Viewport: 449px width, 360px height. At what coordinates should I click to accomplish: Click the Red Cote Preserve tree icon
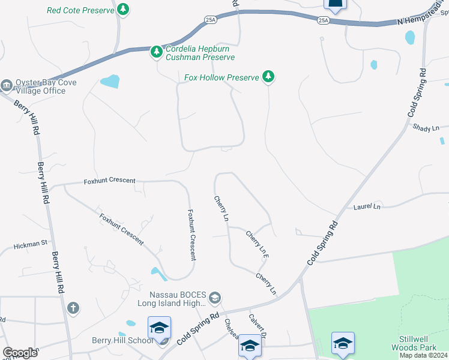tap(123, 10)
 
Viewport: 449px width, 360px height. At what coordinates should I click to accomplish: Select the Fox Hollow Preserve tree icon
tap(269, 77)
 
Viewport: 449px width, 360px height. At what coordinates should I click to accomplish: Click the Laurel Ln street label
tap(367, 207)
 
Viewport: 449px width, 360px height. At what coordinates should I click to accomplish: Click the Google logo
tap(20, 353)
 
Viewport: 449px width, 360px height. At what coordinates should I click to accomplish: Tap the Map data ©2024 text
tap(423, 355)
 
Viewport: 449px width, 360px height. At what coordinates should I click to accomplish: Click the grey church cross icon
tap(73, 308)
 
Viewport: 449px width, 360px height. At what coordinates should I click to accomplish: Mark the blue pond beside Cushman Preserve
tap(109, 81)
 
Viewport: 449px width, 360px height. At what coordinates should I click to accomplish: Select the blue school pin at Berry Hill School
tap(159, 328)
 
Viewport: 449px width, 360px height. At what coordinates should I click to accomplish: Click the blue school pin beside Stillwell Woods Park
tap(343, 343)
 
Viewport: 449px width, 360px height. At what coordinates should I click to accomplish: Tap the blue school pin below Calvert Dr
tap(249, 346)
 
